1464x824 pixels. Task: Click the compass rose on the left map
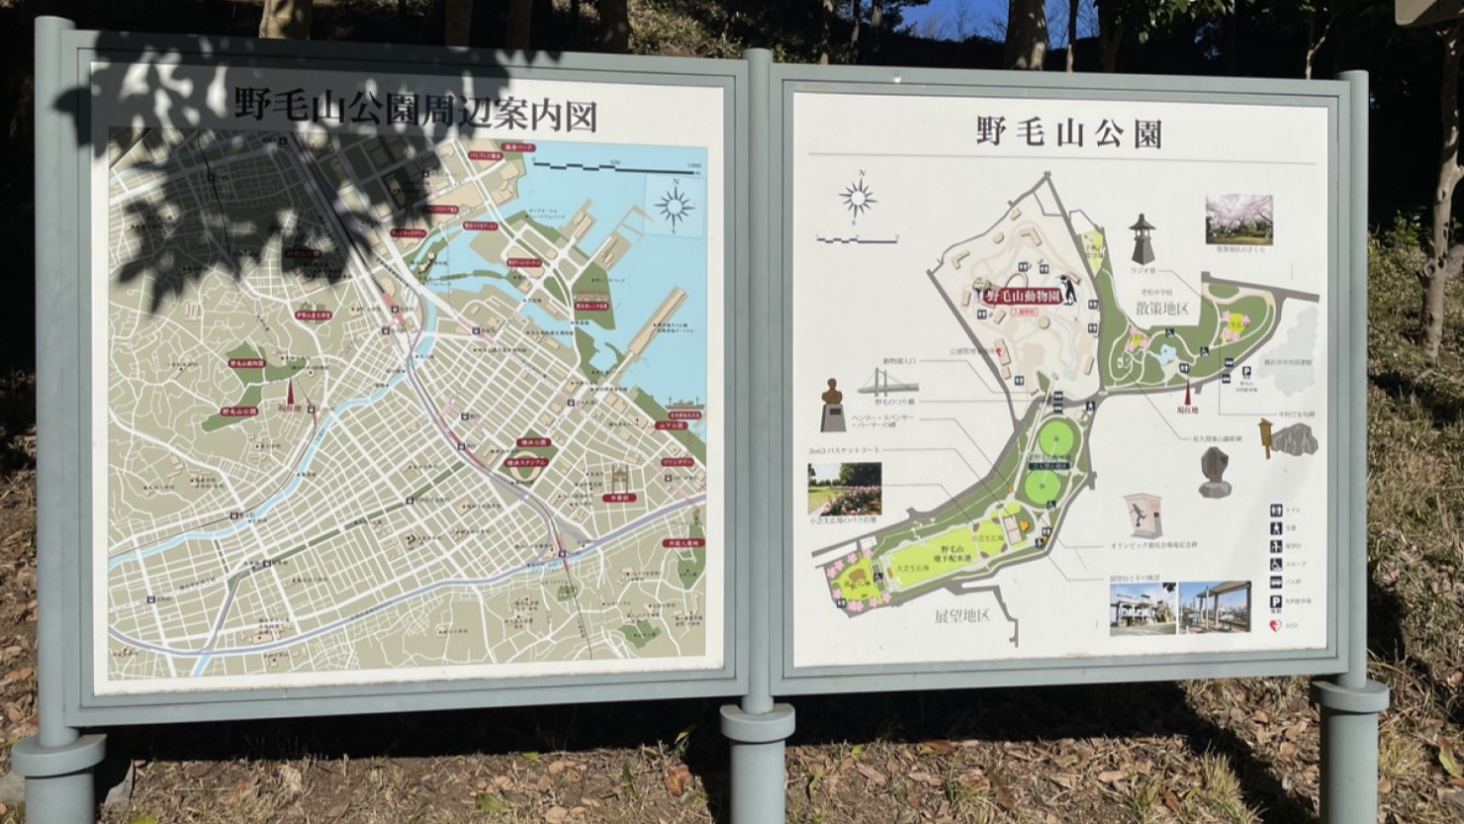coord(675,207)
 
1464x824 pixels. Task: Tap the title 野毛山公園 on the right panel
coord(1068,133)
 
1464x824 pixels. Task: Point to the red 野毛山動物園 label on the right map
coord(1023,296)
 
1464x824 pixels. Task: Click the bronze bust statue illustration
coord(834,393)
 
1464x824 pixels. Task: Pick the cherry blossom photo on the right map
coord(1238,220)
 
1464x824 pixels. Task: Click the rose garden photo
coord(843,489)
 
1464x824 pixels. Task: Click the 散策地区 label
coord(1161,309)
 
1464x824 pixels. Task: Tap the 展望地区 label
coord(962,615)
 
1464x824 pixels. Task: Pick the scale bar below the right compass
coord(857,238)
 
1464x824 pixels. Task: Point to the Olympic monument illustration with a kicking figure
coord(1143,517)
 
